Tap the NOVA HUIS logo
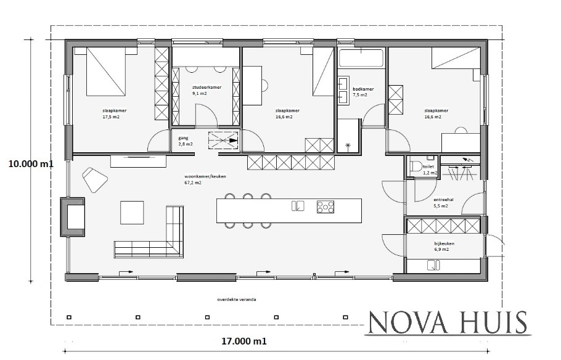pyautogui.click(x=447, y=322)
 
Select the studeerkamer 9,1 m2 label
pyautogui.click(x=207, y=91)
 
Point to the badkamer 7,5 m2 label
pyautogui.click(x=359, y=92)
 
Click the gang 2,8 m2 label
pyautogui.click(x=185, y=141)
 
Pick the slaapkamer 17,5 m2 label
pyautogui.click(x=111, y=113)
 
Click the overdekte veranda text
pyautogui.click(x=237, y=300)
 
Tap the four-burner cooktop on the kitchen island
pyautogui.click(x=325, y=207)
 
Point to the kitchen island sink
pyautogui.click(x=298, y=206)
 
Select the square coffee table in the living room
pyautogui.click(x=131, y=212)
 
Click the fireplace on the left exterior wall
pyautogui.click(x=72, y=216)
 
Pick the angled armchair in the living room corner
pyautogui.click(x=95, y=179)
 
